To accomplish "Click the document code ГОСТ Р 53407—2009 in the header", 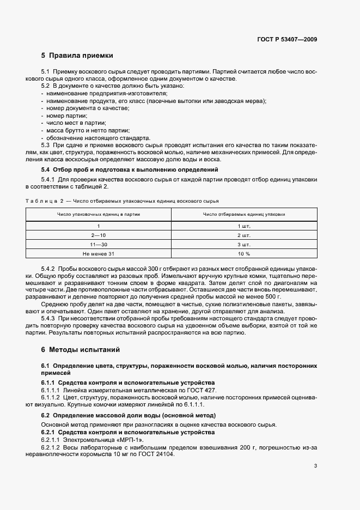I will point(289,39).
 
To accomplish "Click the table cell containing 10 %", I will point(243,253).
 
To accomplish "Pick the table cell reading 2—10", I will point(99,234).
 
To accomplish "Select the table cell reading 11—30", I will point(99,244).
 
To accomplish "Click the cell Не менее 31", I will point(99,253).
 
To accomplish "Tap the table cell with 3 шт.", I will point(243,244).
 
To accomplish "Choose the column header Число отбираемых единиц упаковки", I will point(243,214).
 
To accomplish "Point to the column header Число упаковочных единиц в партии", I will point(99,214).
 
